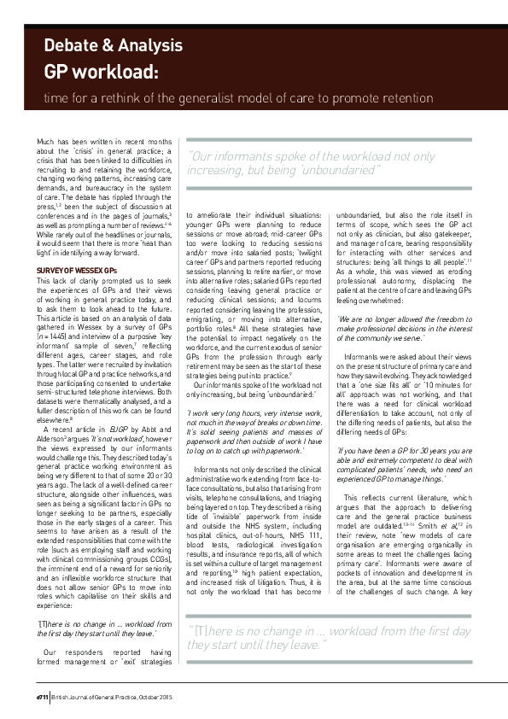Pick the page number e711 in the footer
[42, 697]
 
